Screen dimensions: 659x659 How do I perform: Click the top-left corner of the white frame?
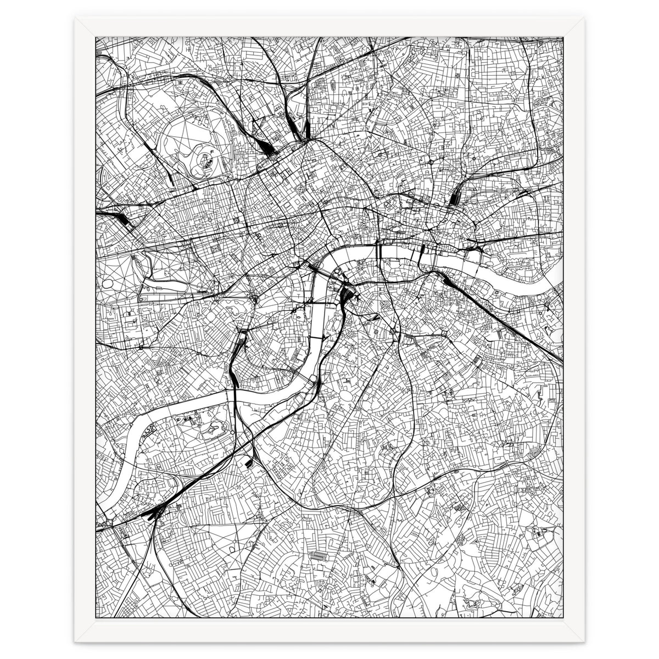click(75, 18)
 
